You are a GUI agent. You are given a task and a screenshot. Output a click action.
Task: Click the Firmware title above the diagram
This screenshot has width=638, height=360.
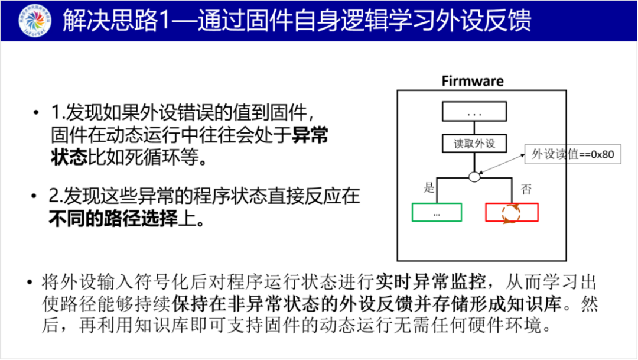point(473,81)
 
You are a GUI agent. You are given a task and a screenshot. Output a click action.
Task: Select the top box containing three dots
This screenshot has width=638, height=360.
point(474,112)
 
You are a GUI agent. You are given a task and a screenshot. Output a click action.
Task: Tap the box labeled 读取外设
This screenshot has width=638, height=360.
point(474,144)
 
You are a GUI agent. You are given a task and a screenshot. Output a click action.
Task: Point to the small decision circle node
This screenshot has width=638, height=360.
point(474,176)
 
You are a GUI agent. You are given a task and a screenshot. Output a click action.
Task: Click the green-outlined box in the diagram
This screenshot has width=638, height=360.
point(437,212)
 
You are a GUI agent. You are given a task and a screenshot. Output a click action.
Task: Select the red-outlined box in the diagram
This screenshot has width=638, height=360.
point(512,212)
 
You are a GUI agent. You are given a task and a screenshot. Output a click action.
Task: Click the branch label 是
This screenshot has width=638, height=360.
point(429,189)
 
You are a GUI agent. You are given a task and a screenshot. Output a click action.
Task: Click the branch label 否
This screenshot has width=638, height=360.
point(525,189)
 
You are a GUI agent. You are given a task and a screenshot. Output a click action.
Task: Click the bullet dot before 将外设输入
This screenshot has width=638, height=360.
point(29,281)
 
